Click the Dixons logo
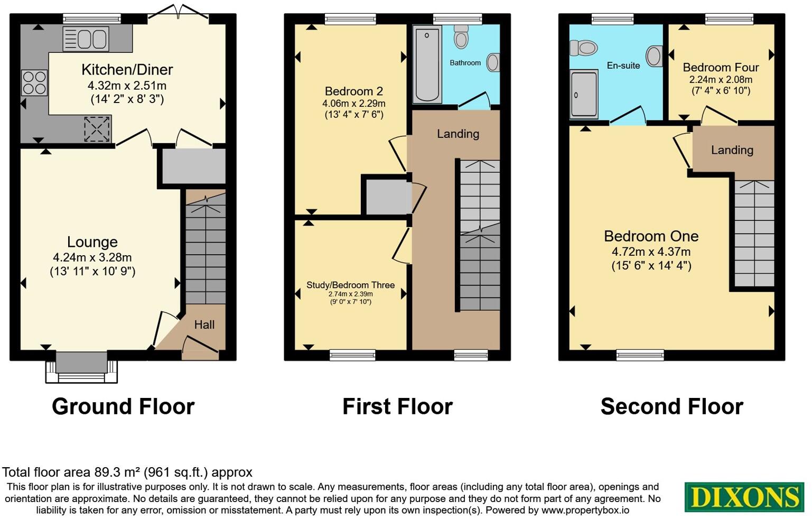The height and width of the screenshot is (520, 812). pyautogui.click(x=744, y=497)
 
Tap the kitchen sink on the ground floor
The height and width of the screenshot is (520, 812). pyautogui.click(x=86, y=39)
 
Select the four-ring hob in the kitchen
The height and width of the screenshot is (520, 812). pyautogui.click(x=34, y=82)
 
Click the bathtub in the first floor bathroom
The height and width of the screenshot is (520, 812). pyautogui.click(x=427, y=65)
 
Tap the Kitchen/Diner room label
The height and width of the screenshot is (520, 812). pyautogui.click(x=127, y=70)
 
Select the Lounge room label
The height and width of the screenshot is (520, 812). pyautogui.click(x=92, y=242)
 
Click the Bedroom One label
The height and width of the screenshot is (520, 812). pyautogui.click(x=651, y=236)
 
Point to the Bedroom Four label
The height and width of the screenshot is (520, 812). pyautogui.click(x=721, y=68)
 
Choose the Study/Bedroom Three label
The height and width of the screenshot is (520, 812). pyautogui.click(x=350, y=285)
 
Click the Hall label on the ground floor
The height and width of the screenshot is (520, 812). pyautogui.click(x=204, y=324)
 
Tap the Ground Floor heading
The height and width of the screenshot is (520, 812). pyautogui.click(x=123, y=406)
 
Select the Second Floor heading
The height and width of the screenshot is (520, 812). pyautogui.click(x=671, y=406)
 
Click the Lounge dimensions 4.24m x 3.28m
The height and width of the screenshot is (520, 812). pyautogui.click(x=92, y=258)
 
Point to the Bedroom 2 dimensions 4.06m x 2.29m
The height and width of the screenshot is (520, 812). pyautogui.click(x=353, y=104)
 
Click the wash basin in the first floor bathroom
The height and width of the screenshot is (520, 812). pyautogui.click(x=492, y=62)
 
